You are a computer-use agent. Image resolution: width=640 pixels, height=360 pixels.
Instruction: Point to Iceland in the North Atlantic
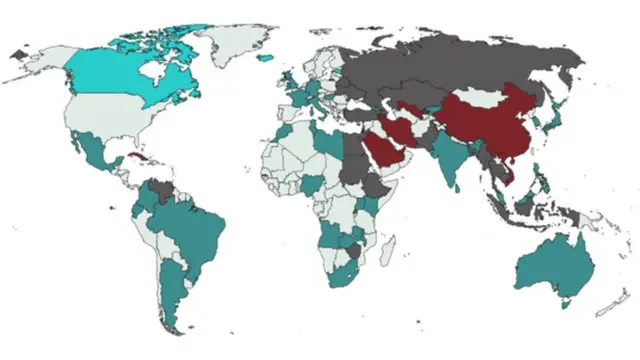tap(266, 57)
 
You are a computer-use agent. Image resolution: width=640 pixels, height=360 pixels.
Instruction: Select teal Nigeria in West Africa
tap(312, 186)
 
